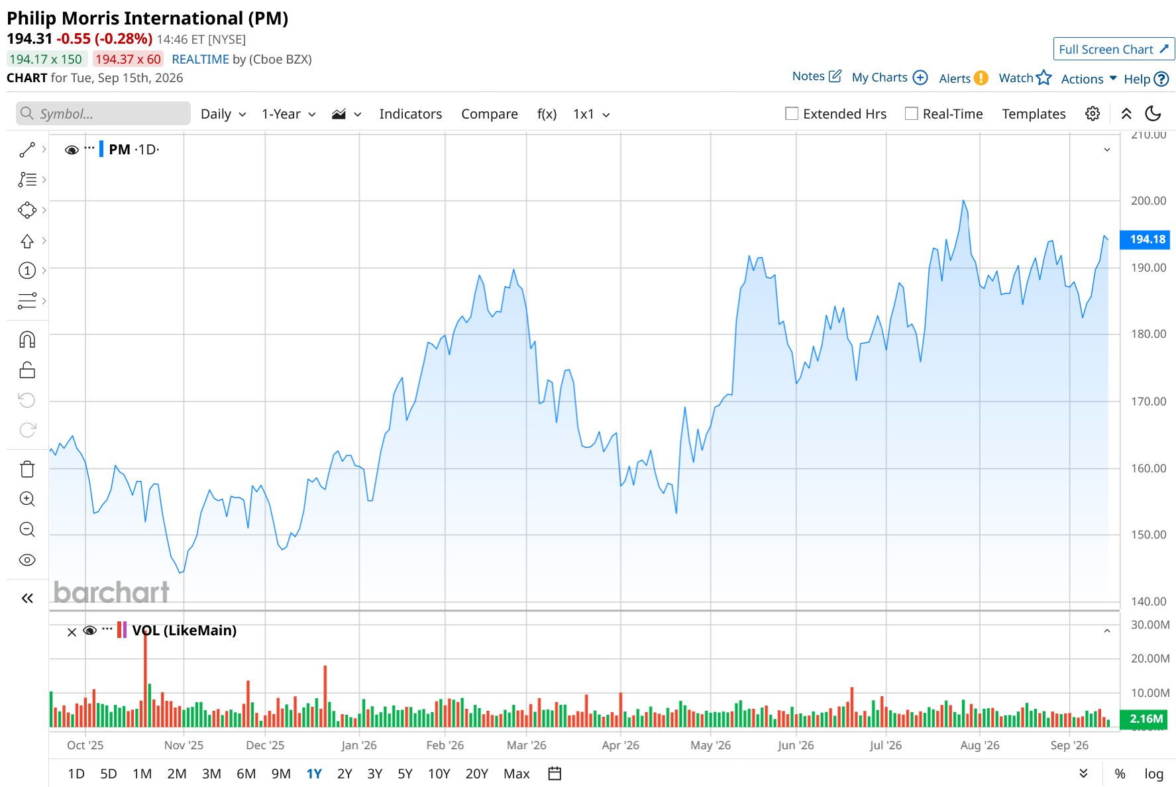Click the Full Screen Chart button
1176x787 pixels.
pos(1114,49)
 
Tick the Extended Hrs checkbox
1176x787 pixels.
pos(792,114)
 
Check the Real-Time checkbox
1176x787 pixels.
pos(912,114)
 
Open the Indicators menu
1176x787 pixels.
pos(410,114)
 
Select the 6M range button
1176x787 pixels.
pos(246,774)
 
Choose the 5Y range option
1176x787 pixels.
pos(405,774)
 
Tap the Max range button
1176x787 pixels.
pos(516,774)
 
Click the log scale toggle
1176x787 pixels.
pos(1153,774)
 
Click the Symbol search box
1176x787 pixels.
pos(103,113)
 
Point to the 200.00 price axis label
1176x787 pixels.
pos(1148,201)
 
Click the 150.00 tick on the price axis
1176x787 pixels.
pos(1148,535)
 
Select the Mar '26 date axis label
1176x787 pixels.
pos(526,745)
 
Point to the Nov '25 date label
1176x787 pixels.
pos(184,745)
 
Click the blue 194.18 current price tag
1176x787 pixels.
pos(1145,239)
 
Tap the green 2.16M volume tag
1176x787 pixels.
pos(1145,719)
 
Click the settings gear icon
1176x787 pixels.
pos(1093,114)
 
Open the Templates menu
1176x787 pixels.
pos(1034,114)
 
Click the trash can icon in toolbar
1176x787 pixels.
pos(27,469)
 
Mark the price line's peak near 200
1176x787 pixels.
pos(963,200)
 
